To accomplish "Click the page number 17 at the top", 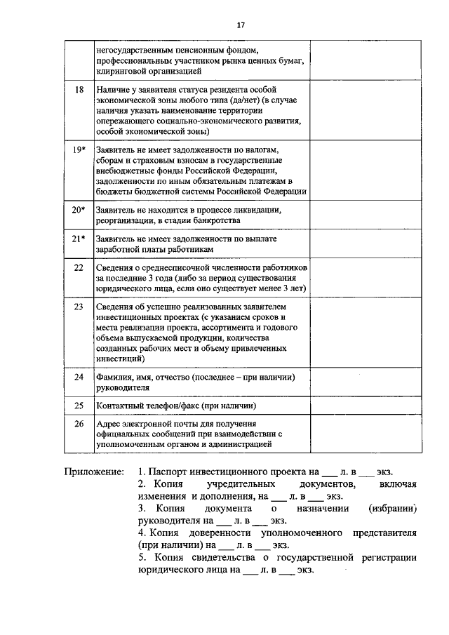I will click(x=240, y=25).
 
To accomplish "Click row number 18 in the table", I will click(x=79, y=91).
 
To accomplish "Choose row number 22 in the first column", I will click(x=79, y=267).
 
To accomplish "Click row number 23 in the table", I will click(x=79, y=307).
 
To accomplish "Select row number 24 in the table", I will click(x=79, y=377).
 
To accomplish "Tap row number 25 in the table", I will click(x=79, y=406).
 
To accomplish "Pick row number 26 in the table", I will click(x=79, y=424).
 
